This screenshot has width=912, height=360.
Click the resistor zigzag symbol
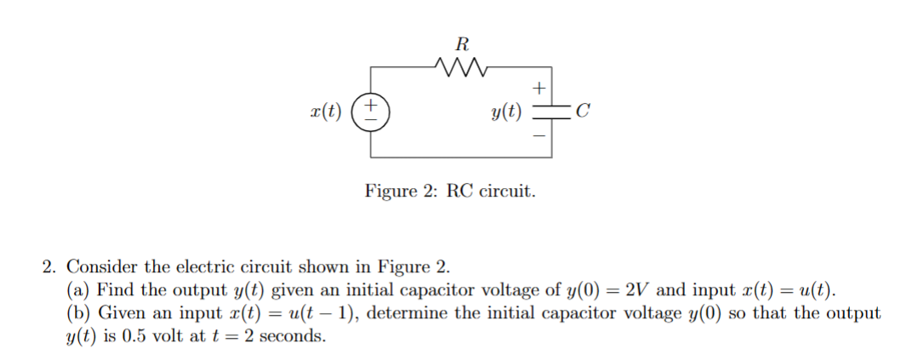click(460, 67)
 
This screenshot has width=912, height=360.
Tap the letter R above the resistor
click(461, 43)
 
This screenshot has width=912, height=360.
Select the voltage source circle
click(372, 112)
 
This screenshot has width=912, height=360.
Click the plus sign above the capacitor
click(537, 88)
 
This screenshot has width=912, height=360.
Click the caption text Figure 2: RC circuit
click(450, 190)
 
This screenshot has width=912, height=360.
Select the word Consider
click(99, 266)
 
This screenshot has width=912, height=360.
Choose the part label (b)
click(78, 312)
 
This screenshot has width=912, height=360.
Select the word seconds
click(292, 335)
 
